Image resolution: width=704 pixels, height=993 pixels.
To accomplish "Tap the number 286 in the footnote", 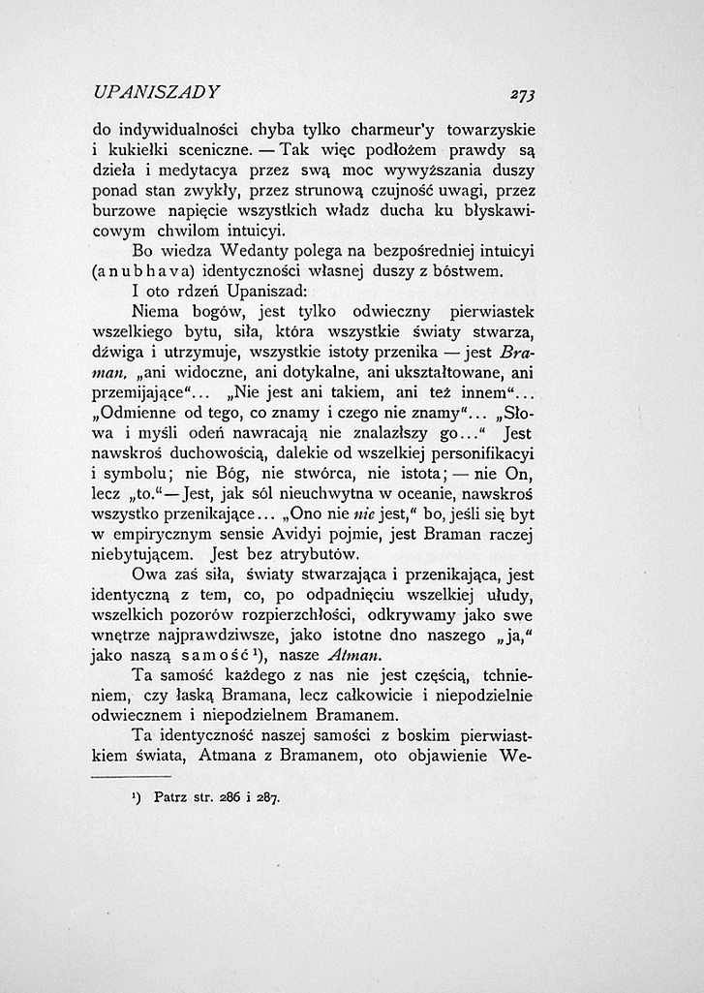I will pyautogui.click(x=232, y=799).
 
